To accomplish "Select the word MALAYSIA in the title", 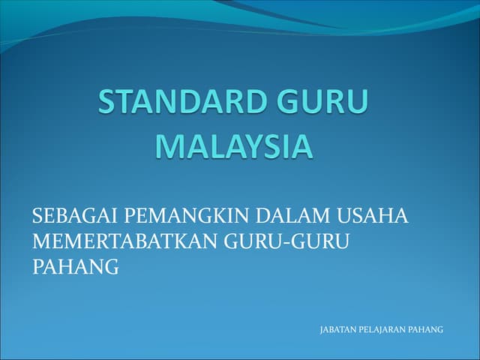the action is coord(234,146).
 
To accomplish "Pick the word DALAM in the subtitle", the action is coord(293,215).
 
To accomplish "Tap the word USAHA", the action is coord(372,215).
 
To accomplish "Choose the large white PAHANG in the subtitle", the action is coord(76,266).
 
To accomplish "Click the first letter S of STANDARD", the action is coord(106,102).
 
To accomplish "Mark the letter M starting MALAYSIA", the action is coord(169,146).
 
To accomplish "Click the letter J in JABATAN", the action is coord(322,330).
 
